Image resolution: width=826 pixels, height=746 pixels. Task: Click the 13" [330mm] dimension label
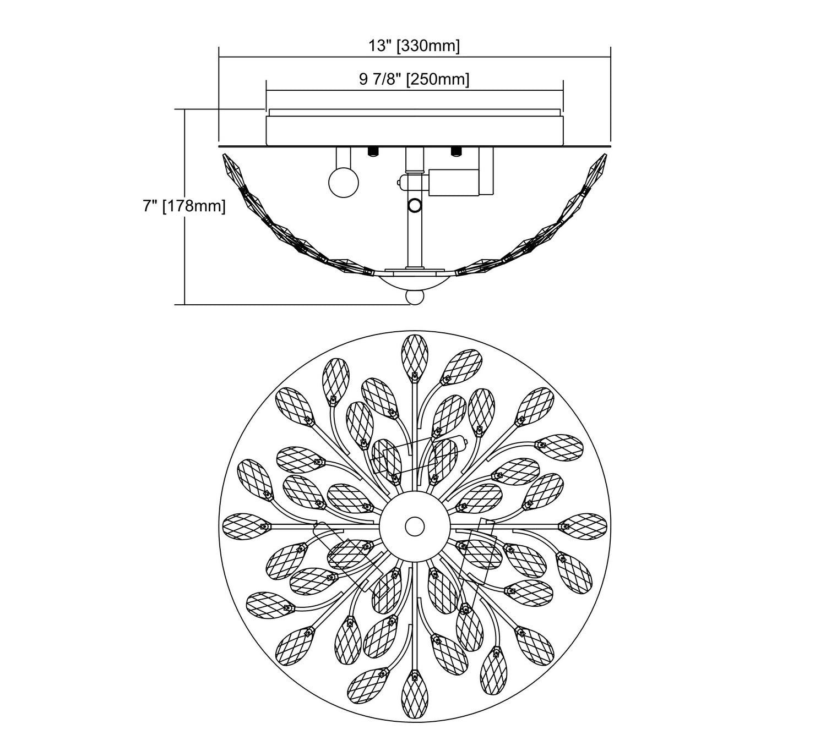[414, 45]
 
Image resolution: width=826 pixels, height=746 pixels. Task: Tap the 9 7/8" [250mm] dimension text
[414, 79]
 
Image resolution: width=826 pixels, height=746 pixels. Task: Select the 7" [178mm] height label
[184, 206]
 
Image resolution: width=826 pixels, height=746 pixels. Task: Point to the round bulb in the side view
[344, 183]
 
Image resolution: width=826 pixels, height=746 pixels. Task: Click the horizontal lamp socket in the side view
[453, 182]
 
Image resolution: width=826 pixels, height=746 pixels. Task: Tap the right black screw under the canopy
[456, 151]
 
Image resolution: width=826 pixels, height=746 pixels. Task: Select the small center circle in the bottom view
[414, 526]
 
